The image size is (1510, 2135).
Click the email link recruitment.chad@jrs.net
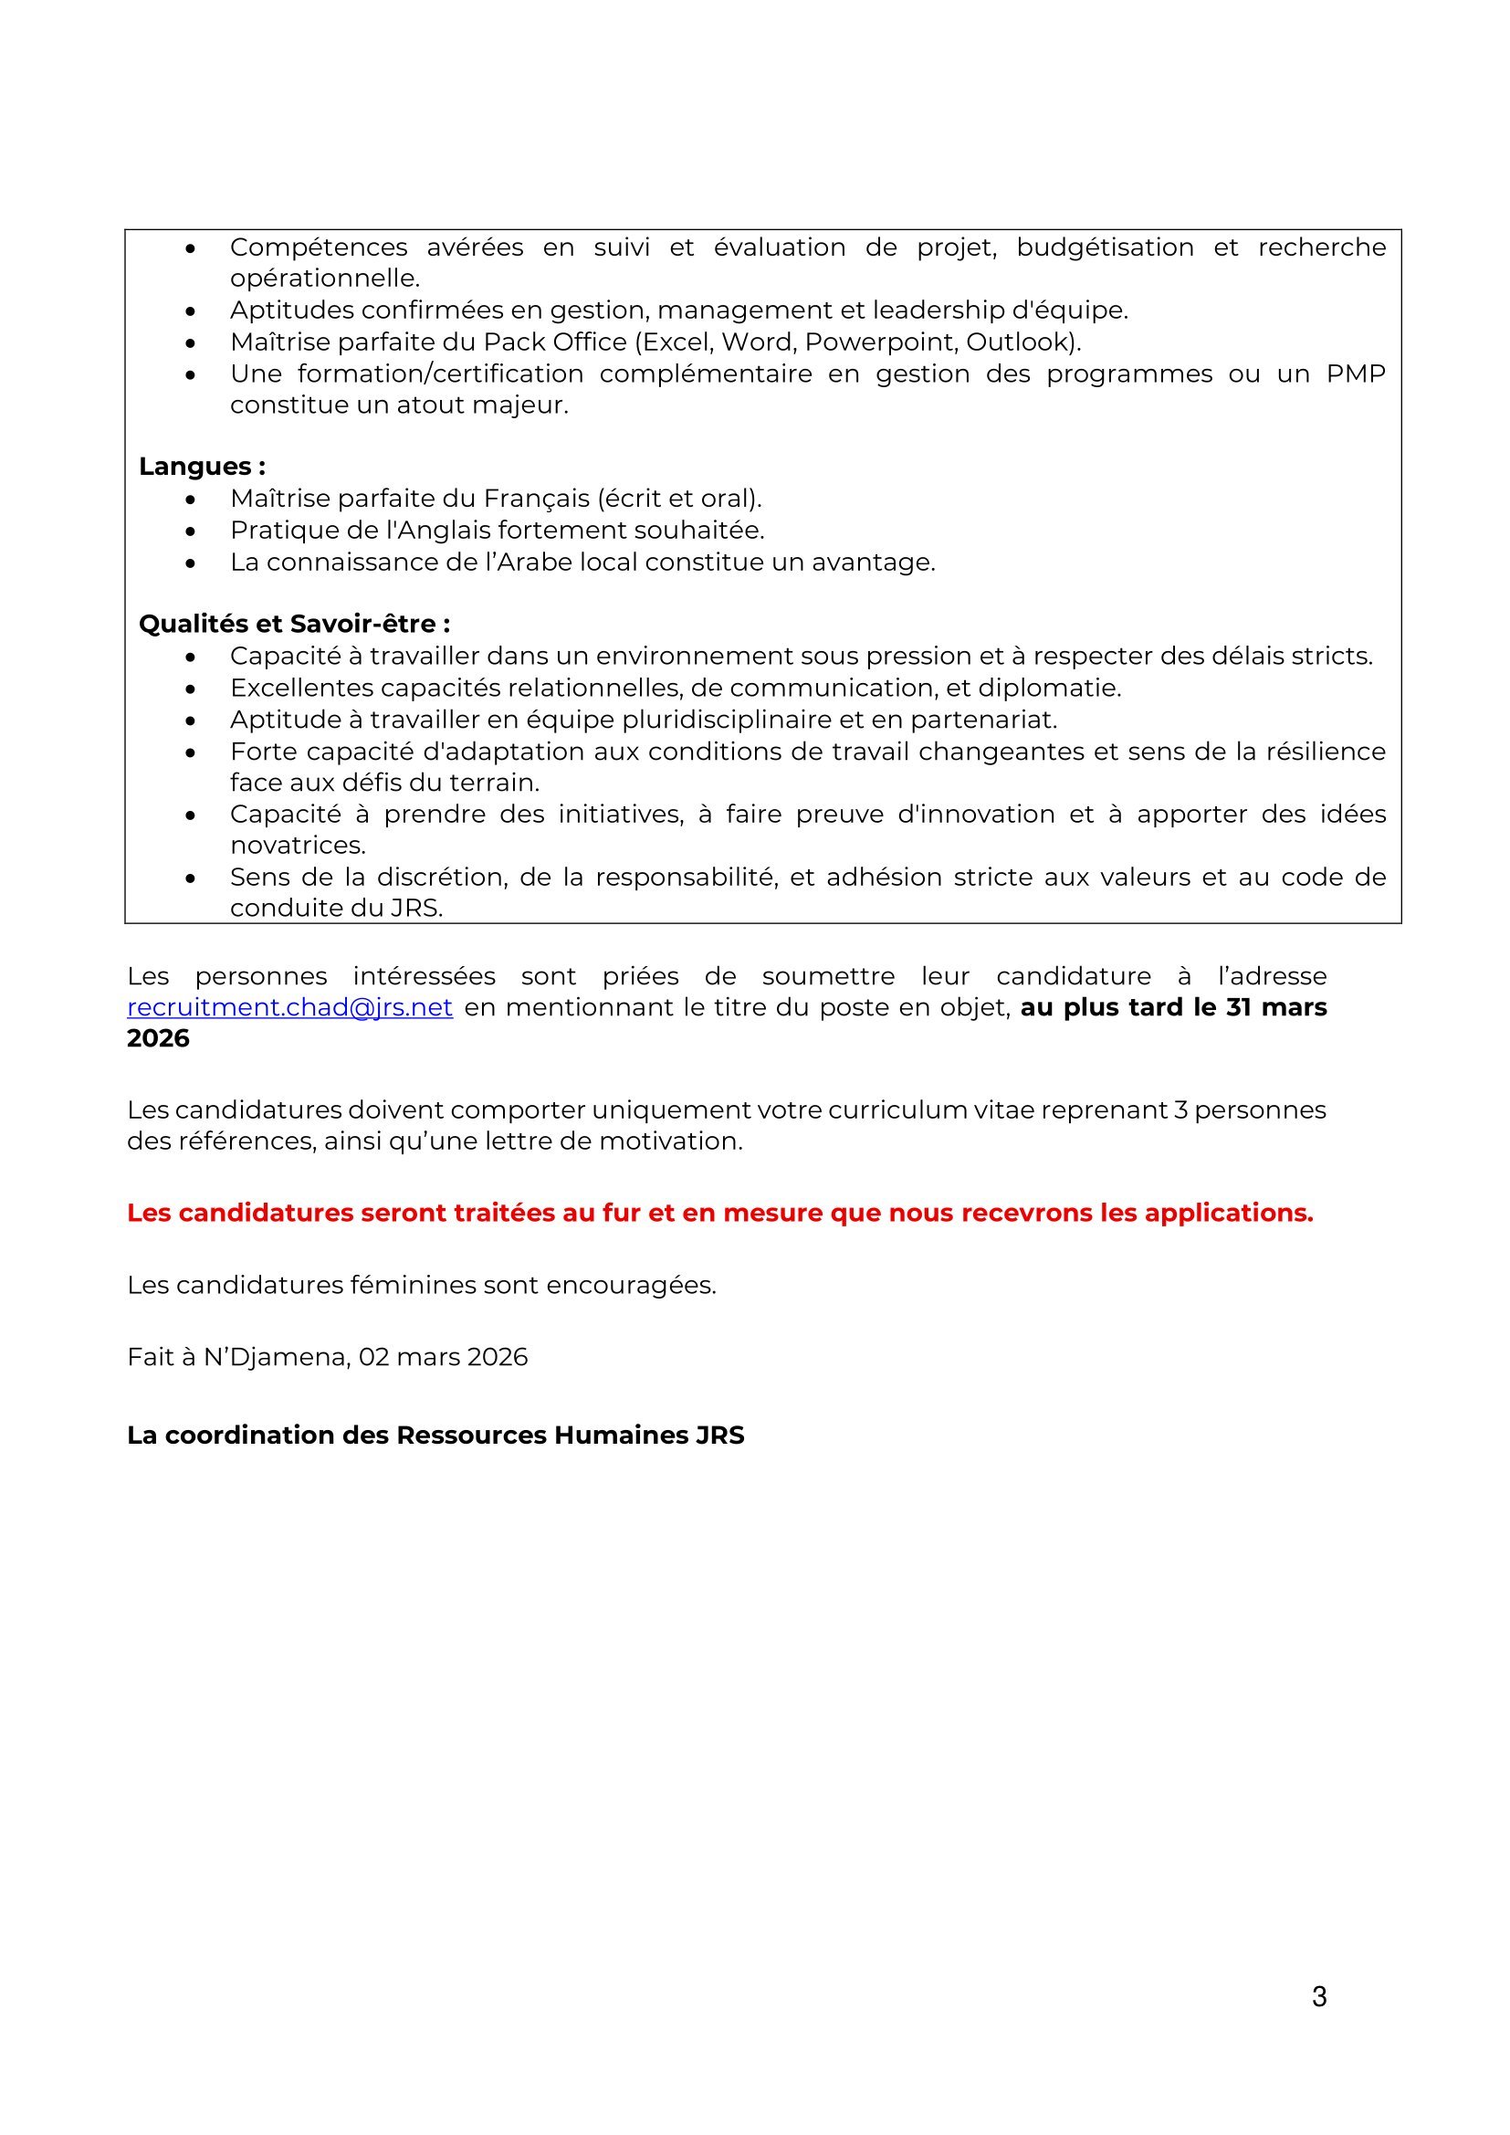coord(289,1008)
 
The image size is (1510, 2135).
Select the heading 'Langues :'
coord(202,467)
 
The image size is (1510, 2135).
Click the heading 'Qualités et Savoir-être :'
coord(294,624)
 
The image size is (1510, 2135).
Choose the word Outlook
coord(1021,342)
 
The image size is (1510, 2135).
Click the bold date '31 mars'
coord(1276,1008)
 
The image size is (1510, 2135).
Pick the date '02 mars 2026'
coord(443,1358)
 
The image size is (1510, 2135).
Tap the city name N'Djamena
coord(276,1358)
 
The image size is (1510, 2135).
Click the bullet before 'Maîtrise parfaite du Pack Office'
coord(191,343)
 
